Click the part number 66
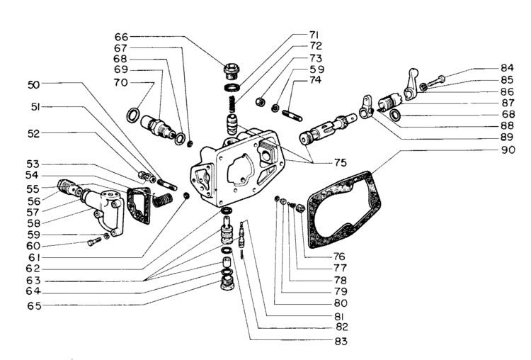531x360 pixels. tap(121, 36)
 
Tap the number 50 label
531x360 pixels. tap(34, 84)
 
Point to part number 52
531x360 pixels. tap(34, 133)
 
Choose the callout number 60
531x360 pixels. tap(34, 246)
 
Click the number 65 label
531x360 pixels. tap(34, 305)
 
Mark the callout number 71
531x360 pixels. tap(315, 35)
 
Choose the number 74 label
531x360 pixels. tap(315, 81)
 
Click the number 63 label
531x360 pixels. tap(34, 281)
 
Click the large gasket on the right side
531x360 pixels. tap(347, 213)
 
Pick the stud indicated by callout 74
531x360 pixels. tap(292, 111)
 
